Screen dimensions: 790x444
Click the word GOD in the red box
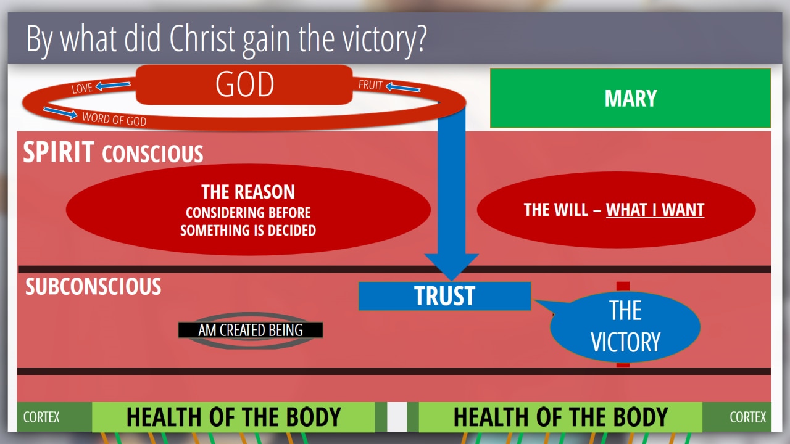point(245,84)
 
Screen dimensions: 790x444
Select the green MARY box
point(630,98)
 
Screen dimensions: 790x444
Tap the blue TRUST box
point(444,296)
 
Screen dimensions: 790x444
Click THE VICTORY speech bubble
point(625,327)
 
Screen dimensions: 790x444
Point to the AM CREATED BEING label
point(251,330)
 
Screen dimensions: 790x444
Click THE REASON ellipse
point(248,210)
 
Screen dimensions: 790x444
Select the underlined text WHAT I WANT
point(655,210)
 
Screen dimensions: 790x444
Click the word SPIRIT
point(59,152)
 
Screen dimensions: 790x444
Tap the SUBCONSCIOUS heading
point(93,286)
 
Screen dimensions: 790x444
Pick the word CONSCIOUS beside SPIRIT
point(152,154)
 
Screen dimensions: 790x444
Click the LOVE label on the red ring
point(82,88)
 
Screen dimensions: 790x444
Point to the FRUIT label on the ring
point(370,85)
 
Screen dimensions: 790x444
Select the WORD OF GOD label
point(114,119)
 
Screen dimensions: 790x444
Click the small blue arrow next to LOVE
point(113,85)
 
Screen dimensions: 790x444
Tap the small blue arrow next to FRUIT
point(403,87)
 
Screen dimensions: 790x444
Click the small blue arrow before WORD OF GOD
point(60,113)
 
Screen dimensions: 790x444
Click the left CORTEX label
point(41,417)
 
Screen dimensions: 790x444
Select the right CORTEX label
point(747,417)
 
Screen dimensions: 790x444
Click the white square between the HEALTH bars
point(397,417)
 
